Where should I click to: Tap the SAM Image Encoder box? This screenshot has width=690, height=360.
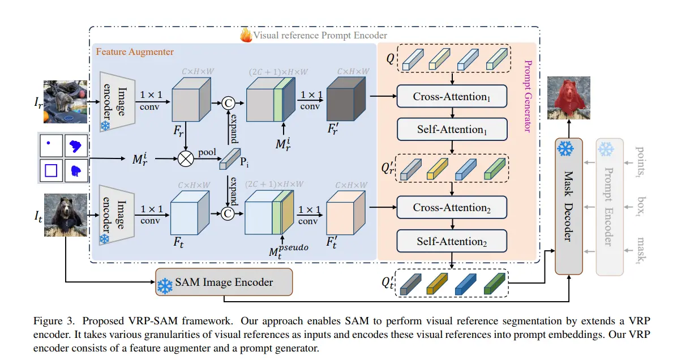(x=224, y=282)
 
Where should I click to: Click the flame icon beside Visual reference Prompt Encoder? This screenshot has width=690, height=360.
(x=246, y=36)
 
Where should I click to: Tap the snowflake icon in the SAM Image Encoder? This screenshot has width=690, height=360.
(x=165, y=286)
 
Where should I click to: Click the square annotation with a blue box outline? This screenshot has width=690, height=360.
(x=52, y=169)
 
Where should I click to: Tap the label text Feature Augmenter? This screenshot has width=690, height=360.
(x=135, y=52)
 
